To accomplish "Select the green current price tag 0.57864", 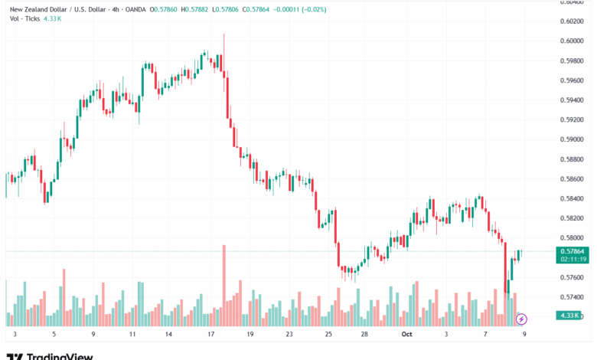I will pos(573,251).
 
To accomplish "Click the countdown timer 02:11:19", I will pos(573,259).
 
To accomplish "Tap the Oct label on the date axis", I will pos(406,335).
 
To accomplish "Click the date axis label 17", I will pos(210,335).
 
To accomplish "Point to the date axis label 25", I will pos(328,335).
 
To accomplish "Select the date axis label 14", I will pos(171,335).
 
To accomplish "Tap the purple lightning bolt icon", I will pos(521,319).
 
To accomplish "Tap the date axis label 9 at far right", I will pos(524,335).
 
